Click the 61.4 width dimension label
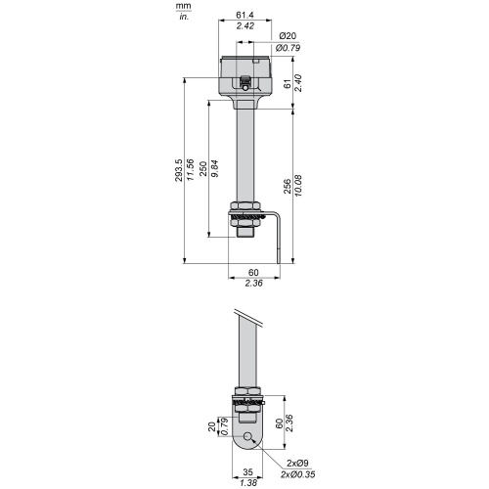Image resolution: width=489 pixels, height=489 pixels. click(x=245, y=15)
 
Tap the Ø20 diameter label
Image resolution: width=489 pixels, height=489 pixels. click(x=288, y=35)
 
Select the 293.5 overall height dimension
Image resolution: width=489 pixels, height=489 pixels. click(x=179, y=170)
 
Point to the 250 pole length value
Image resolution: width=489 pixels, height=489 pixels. click(x=203, y=168)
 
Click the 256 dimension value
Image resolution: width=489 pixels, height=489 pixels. click(x=288, y=186)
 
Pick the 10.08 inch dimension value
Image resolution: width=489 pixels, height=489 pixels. click(x=298, y=186)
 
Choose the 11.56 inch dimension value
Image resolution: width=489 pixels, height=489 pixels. click(x=190, y=170)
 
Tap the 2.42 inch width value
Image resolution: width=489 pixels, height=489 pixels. click(x=245, y=26)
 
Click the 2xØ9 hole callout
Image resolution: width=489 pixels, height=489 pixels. click(x=297, y=463)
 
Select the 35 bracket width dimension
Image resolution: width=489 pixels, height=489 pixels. click(x=247, y=471)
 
